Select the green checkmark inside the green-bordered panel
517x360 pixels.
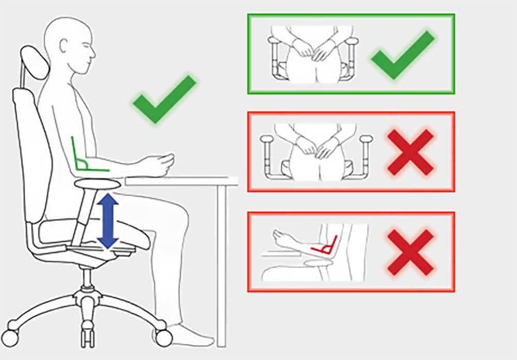402,54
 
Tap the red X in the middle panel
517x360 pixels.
410,152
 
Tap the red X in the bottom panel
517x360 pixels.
410,252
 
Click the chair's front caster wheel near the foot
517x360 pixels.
163,338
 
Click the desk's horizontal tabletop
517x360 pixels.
181,181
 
